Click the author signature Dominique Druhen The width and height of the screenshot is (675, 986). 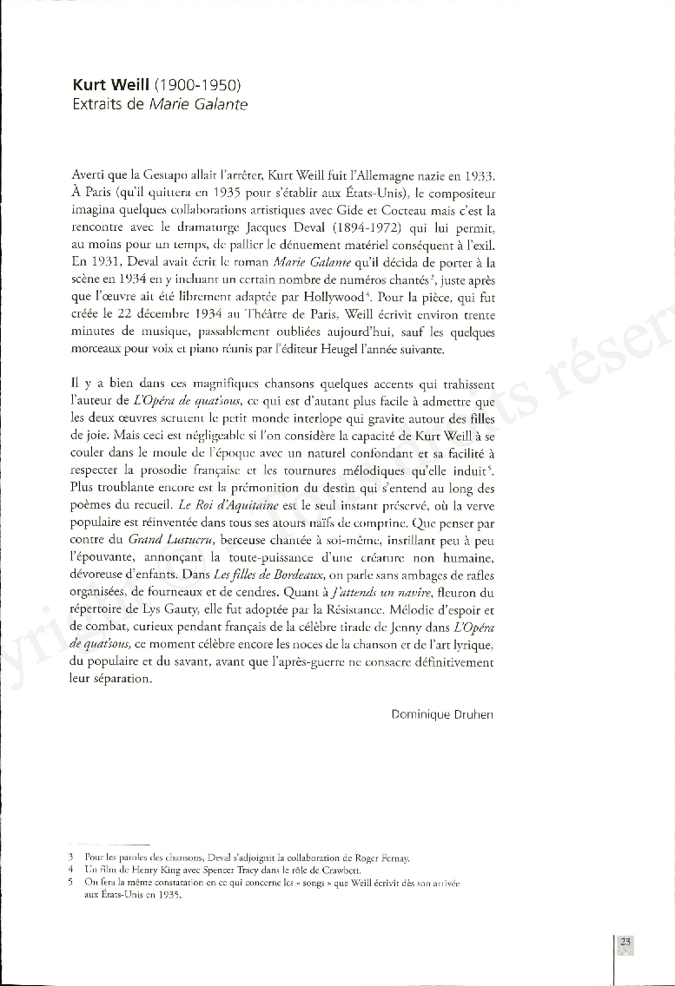441,714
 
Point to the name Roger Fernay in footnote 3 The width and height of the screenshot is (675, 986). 381,858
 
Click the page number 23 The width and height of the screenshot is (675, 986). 626,942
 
